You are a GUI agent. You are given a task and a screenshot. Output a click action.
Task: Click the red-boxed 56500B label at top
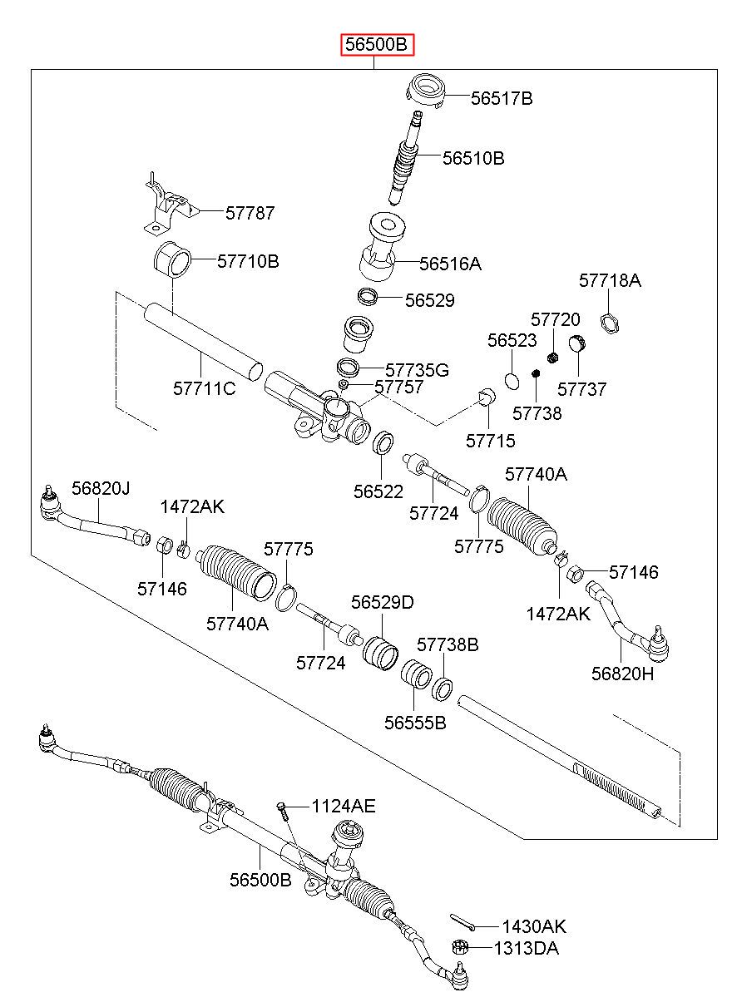(x=376, y=45)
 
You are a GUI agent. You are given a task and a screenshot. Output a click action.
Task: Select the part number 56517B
(x=502, y=98)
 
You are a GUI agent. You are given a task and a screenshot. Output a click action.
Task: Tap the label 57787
(x=250, y=213)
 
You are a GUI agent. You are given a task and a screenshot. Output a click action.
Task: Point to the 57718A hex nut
(x=610, y=323)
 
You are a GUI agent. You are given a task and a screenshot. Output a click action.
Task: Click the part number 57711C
(x=204, y=388)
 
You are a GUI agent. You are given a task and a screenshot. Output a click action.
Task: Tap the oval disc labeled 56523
(x=512, y=381)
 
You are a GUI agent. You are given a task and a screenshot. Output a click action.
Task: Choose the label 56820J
(x=101, y=488)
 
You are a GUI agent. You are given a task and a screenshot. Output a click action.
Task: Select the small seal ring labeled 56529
(x=367, y=297)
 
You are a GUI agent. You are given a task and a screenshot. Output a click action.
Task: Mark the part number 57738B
(x=448, y=644)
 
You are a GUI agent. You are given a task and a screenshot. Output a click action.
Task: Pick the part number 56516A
(x=450, y=264)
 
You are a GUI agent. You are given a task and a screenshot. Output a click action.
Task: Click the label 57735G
(x=417, y=370)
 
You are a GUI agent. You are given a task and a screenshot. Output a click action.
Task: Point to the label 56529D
(x=382, y=602)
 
